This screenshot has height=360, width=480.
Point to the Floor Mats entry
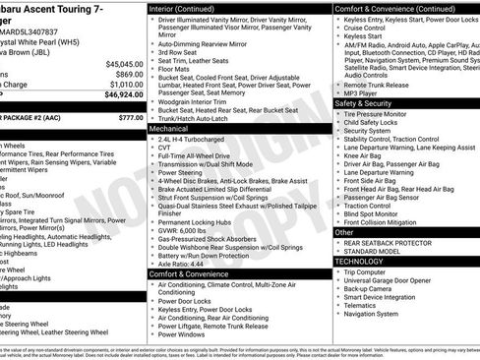pos(176,69)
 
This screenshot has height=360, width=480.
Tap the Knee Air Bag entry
pos(363,154)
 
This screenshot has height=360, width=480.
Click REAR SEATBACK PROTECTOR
pos(388,243)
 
